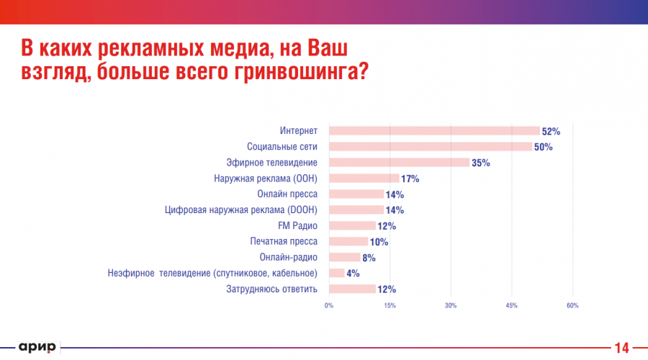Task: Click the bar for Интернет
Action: (x=434, y=131)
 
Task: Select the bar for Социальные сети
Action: (x=431, y=147)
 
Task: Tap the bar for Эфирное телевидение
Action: (x=400, y=163)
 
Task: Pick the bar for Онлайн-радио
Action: (x=345, y=257)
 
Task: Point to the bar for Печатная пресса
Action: (x=348, y=242)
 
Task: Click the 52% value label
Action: (x=551, y=132)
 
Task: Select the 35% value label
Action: (x=480, y=163)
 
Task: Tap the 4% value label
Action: (x=353, y=274)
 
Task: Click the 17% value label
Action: (x=410, y=179)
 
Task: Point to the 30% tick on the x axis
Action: (x=451, y=306)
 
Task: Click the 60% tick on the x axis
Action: (x=572, y=306)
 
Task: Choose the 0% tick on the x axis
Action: (x=329, y=306)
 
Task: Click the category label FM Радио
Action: (x=297, y=226)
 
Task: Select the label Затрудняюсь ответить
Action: (x=272, y=289)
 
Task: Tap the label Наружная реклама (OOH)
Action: (x=266, y=179)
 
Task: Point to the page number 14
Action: (x=621, y=347)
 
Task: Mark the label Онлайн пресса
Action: (x=287, y=194)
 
